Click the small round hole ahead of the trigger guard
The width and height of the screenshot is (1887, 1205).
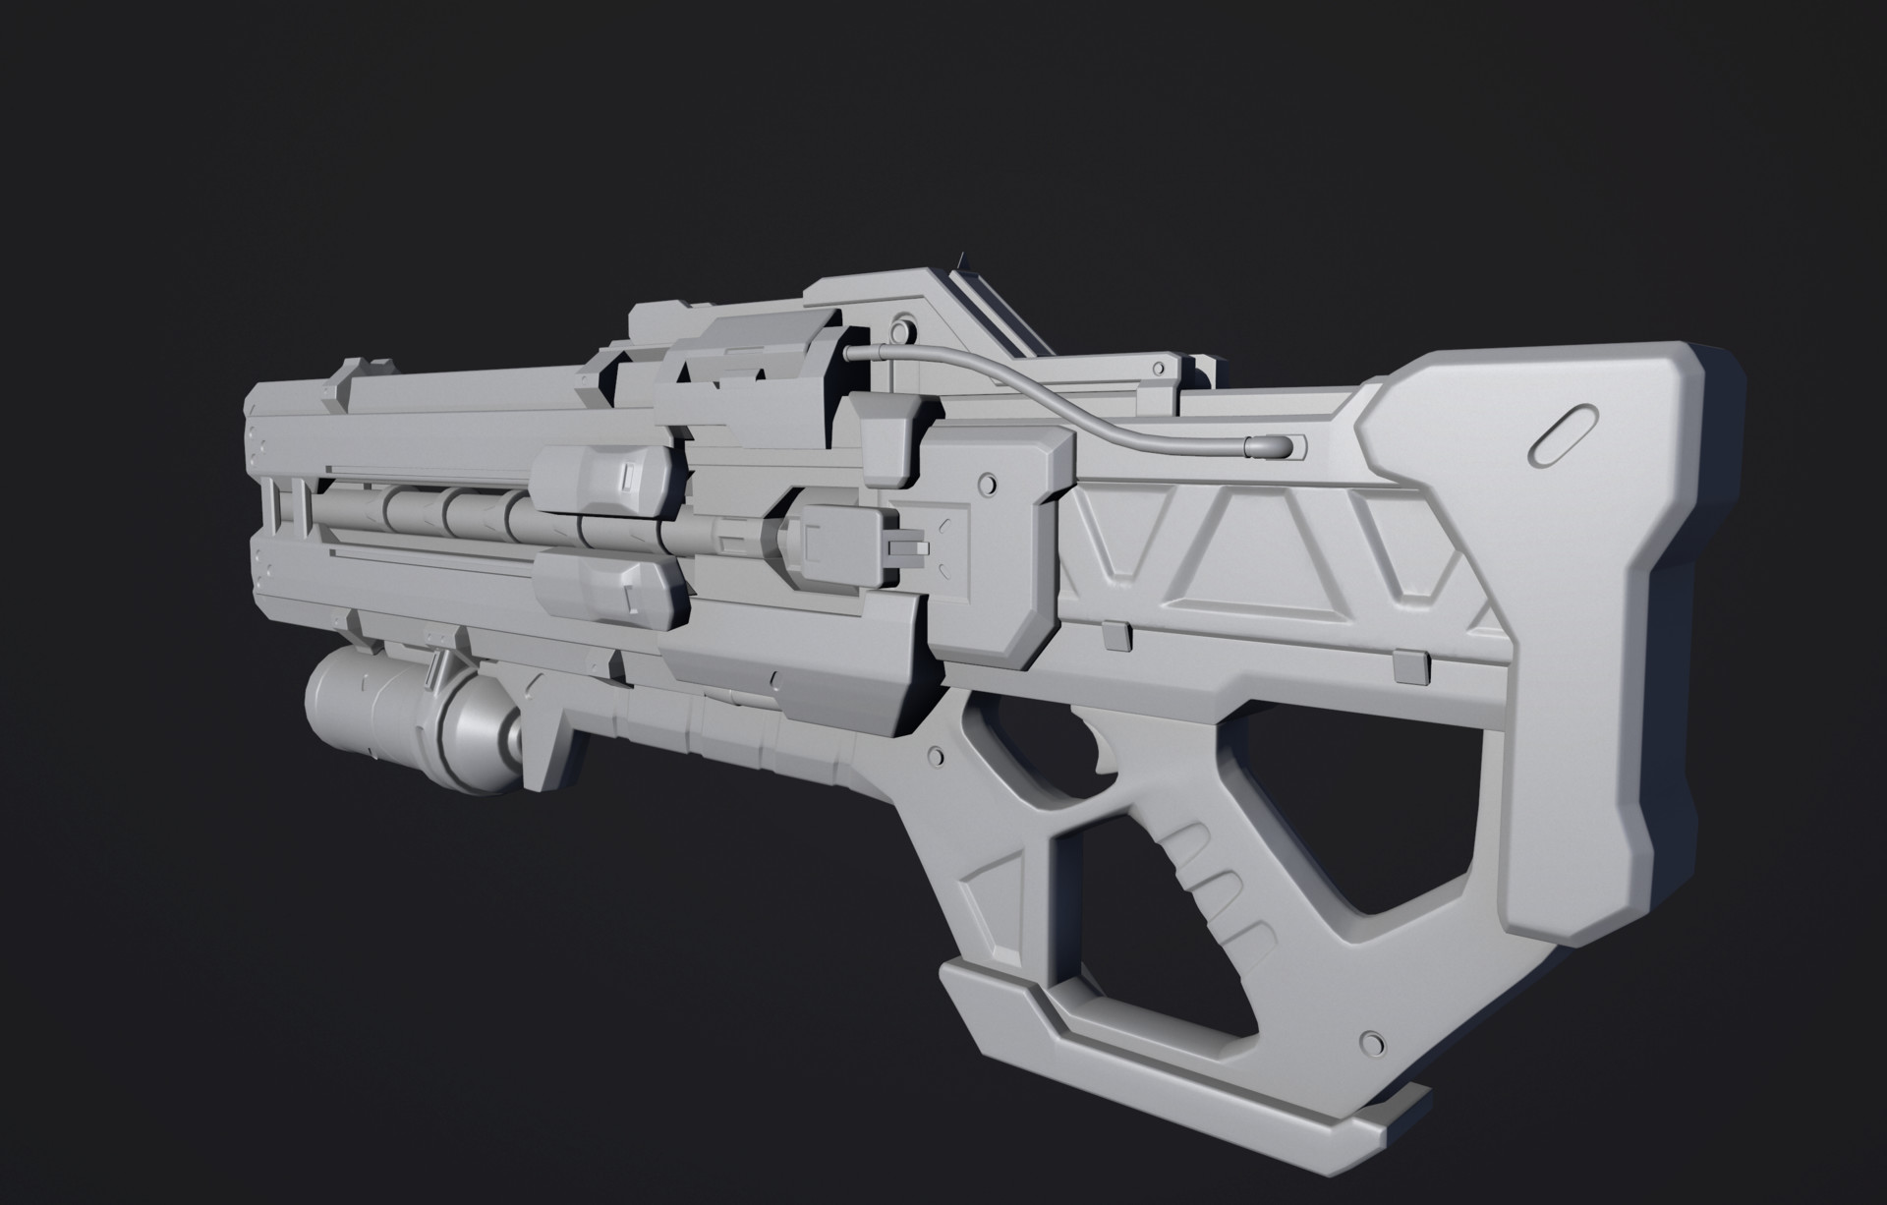(x=934, y=755)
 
